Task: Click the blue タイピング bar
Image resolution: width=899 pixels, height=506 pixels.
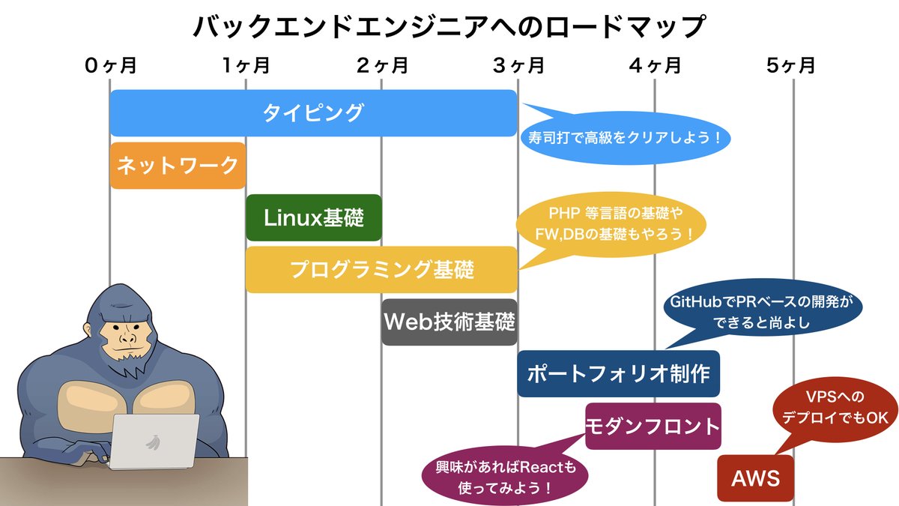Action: [x=313, y=113]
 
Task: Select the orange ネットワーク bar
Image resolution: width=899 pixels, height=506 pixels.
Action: [x=178, y=166]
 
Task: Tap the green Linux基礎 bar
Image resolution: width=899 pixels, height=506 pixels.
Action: [x=313, y=218]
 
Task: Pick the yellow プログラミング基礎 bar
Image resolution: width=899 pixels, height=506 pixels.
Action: [x=381, y=270]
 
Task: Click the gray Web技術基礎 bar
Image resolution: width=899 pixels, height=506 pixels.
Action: [x=449, y=322]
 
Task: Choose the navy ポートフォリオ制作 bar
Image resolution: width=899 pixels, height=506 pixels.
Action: [x=618, y=373]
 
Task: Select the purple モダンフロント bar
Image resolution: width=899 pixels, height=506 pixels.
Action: [x=653, y=427]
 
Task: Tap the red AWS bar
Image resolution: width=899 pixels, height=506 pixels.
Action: [x=755, y=478]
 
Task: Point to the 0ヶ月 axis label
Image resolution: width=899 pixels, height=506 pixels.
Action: [x=110, y=66]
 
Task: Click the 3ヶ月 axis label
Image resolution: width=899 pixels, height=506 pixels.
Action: [x=518, y=66]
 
